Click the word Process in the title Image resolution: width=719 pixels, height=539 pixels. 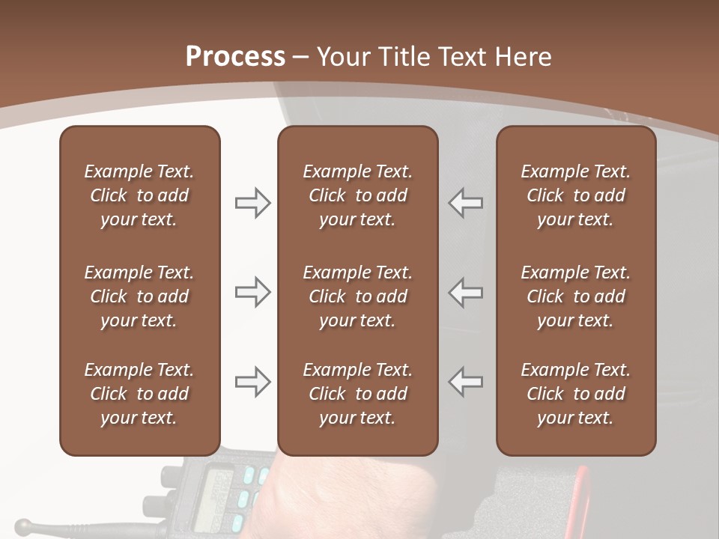point(235,56)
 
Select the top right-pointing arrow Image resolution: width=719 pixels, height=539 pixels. point(252,203)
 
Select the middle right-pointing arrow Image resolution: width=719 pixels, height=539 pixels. point(252,292)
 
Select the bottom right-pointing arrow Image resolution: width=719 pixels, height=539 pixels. point(252,382)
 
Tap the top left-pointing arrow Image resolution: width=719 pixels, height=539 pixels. point(466,203)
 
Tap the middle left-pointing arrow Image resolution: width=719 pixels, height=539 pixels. point(466,292)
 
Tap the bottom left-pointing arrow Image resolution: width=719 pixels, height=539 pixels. point(466,382)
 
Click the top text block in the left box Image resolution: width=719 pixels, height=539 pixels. point(139,195)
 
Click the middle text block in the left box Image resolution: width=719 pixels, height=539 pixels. point(139,296)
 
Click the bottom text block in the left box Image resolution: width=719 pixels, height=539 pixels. point(139,394)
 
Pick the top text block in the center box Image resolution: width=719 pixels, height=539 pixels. point(357,195)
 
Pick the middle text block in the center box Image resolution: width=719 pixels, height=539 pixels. point(357,296)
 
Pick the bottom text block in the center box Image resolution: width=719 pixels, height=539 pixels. point(357,394)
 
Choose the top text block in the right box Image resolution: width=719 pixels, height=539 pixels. point(575,195)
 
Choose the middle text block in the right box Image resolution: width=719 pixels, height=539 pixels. point(575,296)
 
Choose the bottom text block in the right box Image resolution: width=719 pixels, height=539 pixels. point(575,394)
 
